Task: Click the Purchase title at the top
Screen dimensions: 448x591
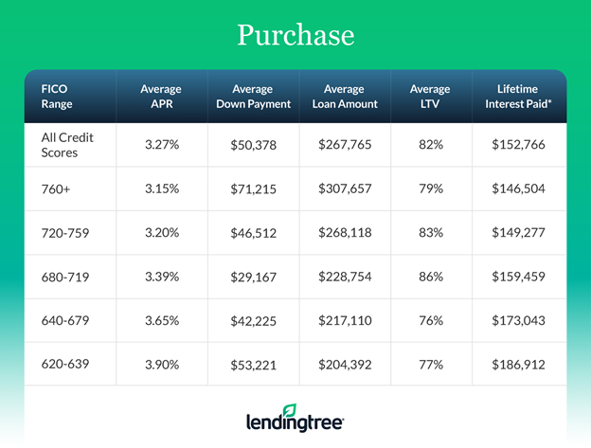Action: [295, 35]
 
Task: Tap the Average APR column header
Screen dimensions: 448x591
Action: [161, 97]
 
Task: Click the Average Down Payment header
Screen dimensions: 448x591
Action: [252, 97]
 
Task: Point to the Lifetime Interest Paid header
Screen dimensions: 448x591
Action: [518, 97]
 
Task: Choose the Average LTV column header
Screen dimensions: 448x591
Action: [430, 97]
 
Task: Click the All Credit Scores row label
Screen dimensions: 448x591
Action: [67, 145]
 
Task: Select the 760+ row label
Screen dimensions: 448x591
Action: [57, 188]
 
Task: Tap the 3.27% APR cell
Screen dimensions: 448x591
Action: [161, 145]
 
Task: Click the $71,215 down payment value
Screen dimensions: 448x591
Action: [252, 188]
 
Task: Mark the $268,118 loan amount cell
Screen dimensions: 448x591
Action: [344, 232]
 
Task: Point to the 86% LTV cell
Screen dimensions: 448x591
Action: [430, 276]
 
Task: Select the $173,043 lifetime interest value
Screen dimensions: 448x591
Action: [518, 319]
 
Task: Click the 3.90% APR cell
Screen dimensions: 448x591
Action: [161, 363]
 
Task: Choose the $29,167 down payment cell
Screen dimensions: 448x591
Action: [252, 276]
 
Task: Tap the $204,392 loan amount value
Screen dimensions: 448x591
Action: [344, 363]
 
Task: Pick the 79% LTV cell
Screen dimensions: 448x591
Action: [430, 188]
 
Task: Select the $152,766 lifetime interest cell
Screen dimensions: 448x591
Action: [518, 145]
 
